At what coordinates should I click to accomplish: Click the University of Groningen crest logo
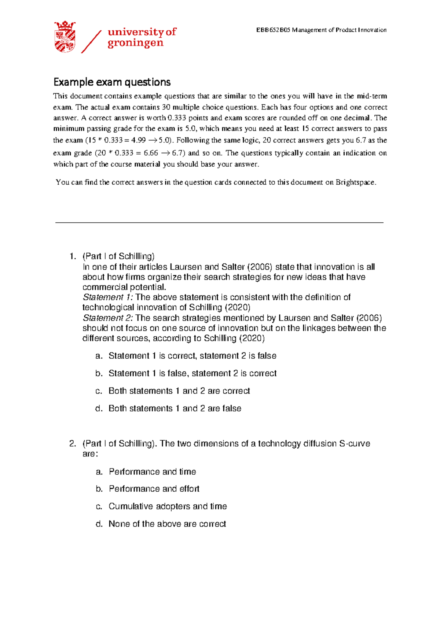pyautogui.click(x=65, y=37)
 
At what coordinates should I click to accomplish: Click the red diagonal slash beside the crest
pyautogui.click(x=91, y=42)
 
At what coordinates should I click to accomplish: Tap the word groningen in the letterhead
pyautogui.click(x=135, y=43)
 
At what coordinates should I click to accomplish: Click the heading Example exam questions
pyautogui.click(x=112, y=82)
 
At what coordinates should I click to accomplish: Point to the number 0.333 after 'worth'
pyautogui.click(x=176, y=118)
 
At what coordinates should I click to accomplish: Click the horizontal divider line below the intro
pyautogui.click(x=219, y=222)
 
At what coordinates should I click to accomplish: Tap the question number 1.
pyautogui.click(x=72, y=256)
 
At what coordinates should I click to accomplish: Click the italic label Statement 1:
pyautogui.click(x=108, y=297)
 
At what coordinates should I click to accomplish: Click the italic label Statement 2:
pyautogui.click(x=108, y=318)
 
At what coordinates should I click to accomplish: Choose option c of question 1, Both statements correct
pyautogui.click(x=179, y=391)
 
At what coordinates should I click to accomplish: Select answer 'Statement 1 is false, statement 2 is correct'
pyautogui.click(x=192, y=373)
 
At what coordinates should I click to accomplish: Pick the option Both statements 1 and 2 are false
pyautogui.click(x=175, y=408)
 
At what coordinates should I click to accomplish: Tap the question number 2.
pyautogui.click(x=72, y=444)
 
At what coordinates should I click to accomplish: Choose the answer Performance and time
pyautogui.click(x=152, y=472)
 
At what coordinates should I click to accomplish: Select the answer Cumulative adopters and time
pyautogui.click(x=168, y=506)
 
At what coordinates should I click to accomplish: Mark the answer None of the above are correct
pyautogui.click(x=167, y=524)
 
